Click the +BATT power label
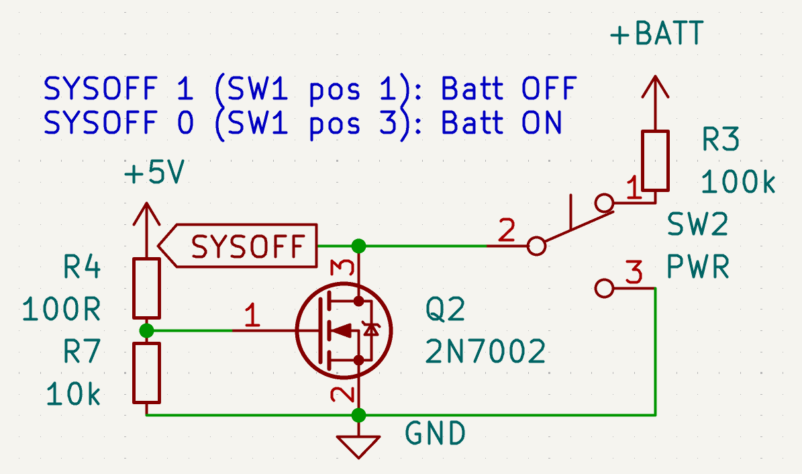(656, 34)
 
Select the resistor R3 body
(656, 160)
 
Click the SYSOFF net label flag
(242, 246)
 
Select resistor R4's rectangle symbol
(146, 287)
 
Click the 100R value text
(62, 310)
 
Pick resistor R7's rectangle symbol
(146, 373)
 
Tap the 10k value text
(74, 395)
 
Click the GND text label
(435, 434)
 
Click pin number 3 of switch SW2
(633, 273)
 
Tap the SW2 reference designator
(698, 225)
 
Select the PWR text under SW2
(698, 269)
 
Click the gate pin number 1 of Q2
(252, 316)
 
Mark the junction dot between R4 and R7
(146, 330)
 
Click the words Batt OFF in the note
(509, 89)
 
